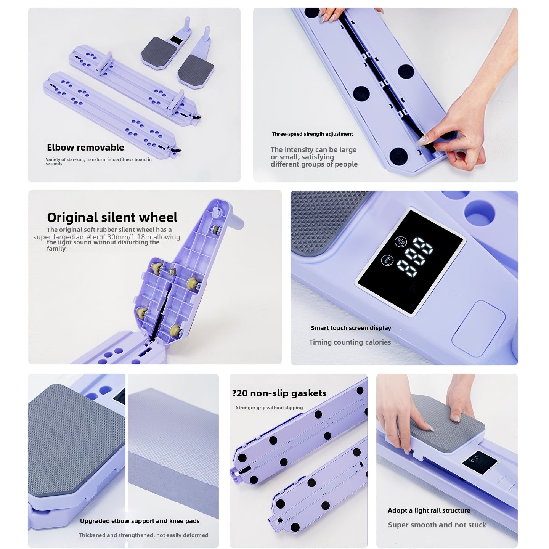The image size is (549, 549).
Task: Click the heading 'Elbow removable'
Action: (x=85, y=148)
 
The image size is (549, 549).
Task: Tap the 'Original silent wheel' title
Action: (x=112, y=217)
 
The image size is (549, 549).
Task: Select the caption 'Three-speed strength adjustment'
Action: (x=312, y=134)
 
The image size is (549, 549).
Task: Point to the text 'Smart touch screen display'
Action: (x=351, y=328)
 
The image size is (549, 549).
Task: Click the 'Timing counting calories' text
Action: (x=350, y=342)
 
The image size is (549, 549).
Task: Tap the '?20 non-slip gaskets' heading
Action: (x=279, y=393)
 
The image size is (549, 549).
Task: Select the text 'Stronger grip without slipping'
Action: (x=269, y=408)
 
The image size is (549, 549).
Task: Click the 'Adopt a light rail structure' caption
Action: (x=429, y=511)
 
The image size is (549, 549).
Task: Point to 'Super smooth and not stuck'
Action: (x=437, y=525)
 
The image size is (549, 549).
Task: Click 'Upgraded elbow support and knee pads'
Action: (x=140, y=521)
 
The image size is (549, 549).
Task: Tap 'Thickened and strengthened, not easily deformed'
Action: (x=143, y=535)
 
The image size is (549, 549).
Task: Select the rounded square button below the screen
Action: (x=478, y=323)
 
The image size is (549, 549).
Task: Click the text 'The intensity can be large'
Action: (x=313, y=150)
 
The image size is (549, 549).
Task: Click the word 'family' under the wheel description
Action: (x=56, y=249)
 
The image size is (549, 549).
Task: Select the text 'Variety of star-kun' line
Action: (x=98, y=159)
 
